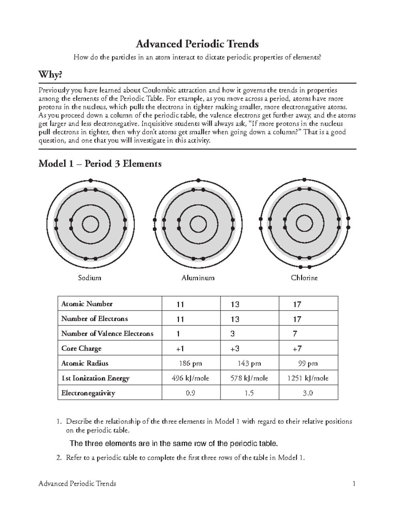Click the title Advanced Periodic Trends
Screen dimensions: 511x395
tap(197, 44)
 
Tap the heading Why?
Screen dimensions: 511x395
tap(50, 75)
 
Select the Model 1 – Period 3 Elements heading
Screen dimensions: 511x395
tap(100, 164)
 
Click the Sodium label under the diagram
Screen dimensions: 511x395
tap(89, 278)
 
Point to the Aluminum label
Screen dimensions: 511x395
tap(198, 278)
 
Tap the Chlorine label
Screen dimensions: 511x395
tap(304, 278)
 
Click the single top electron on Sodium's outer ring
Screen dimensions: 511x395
tap(91, 180)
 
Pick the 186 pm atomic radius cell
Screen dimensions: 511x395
tap(190, 363)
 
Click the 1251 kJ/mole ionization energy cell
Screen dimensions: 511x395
tap(308, 378)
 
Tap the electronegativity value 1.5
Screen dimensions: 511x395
tap(249, 393)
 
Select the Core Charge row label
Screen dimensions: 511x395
tap(81, 348)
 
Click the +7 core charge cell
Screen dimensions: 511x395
tap(297, 348)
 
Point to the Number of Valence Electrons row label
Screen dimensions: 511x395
tap(107, 333)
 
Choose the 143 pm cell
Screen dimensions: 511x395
tap(249, 363)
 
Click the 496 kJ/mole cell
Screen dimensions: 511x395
tap(190, 378)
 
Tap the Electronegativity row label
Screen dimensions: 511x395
tap(88, 393)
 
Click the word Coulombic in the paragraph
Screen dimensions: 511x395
tap(158, 90)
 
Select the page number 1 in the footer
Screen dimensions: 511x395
tap(354, 483)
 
